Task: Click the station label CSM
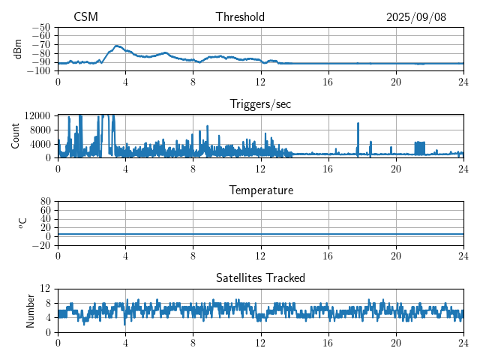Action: tap(85, 17)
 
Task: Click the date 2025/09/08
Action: tap(416, 17)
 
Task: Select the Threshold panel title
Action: tap(240, 17)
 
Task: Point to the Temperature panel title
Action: tap(260, 190)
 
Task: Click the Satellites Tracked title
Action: tap(260, 277)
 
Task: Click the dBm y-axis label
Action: tap(18, 49)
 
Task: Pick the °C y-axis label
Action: tap(22, 223)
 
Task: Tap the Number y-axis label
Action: tap(31, 310)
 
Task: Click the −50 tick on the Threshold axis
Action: tap(42, 27)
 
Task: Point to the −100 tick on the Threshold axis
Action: tap(40, 71)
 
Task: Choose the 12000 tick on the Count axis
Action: tap(37, 115)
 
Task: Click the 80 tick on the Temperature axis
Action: tap(45, 202)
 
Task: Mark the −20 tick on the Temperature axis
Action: tap(42, 245)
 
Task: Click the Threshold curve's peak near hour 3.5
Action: tap(118, 46)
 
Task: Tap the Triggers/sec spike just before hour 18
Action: tap(358, 124)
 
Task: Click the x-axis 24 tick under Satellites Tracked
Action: tap(463, 342)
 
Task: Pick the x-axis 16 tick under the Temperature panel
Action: tap(328, 255)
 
